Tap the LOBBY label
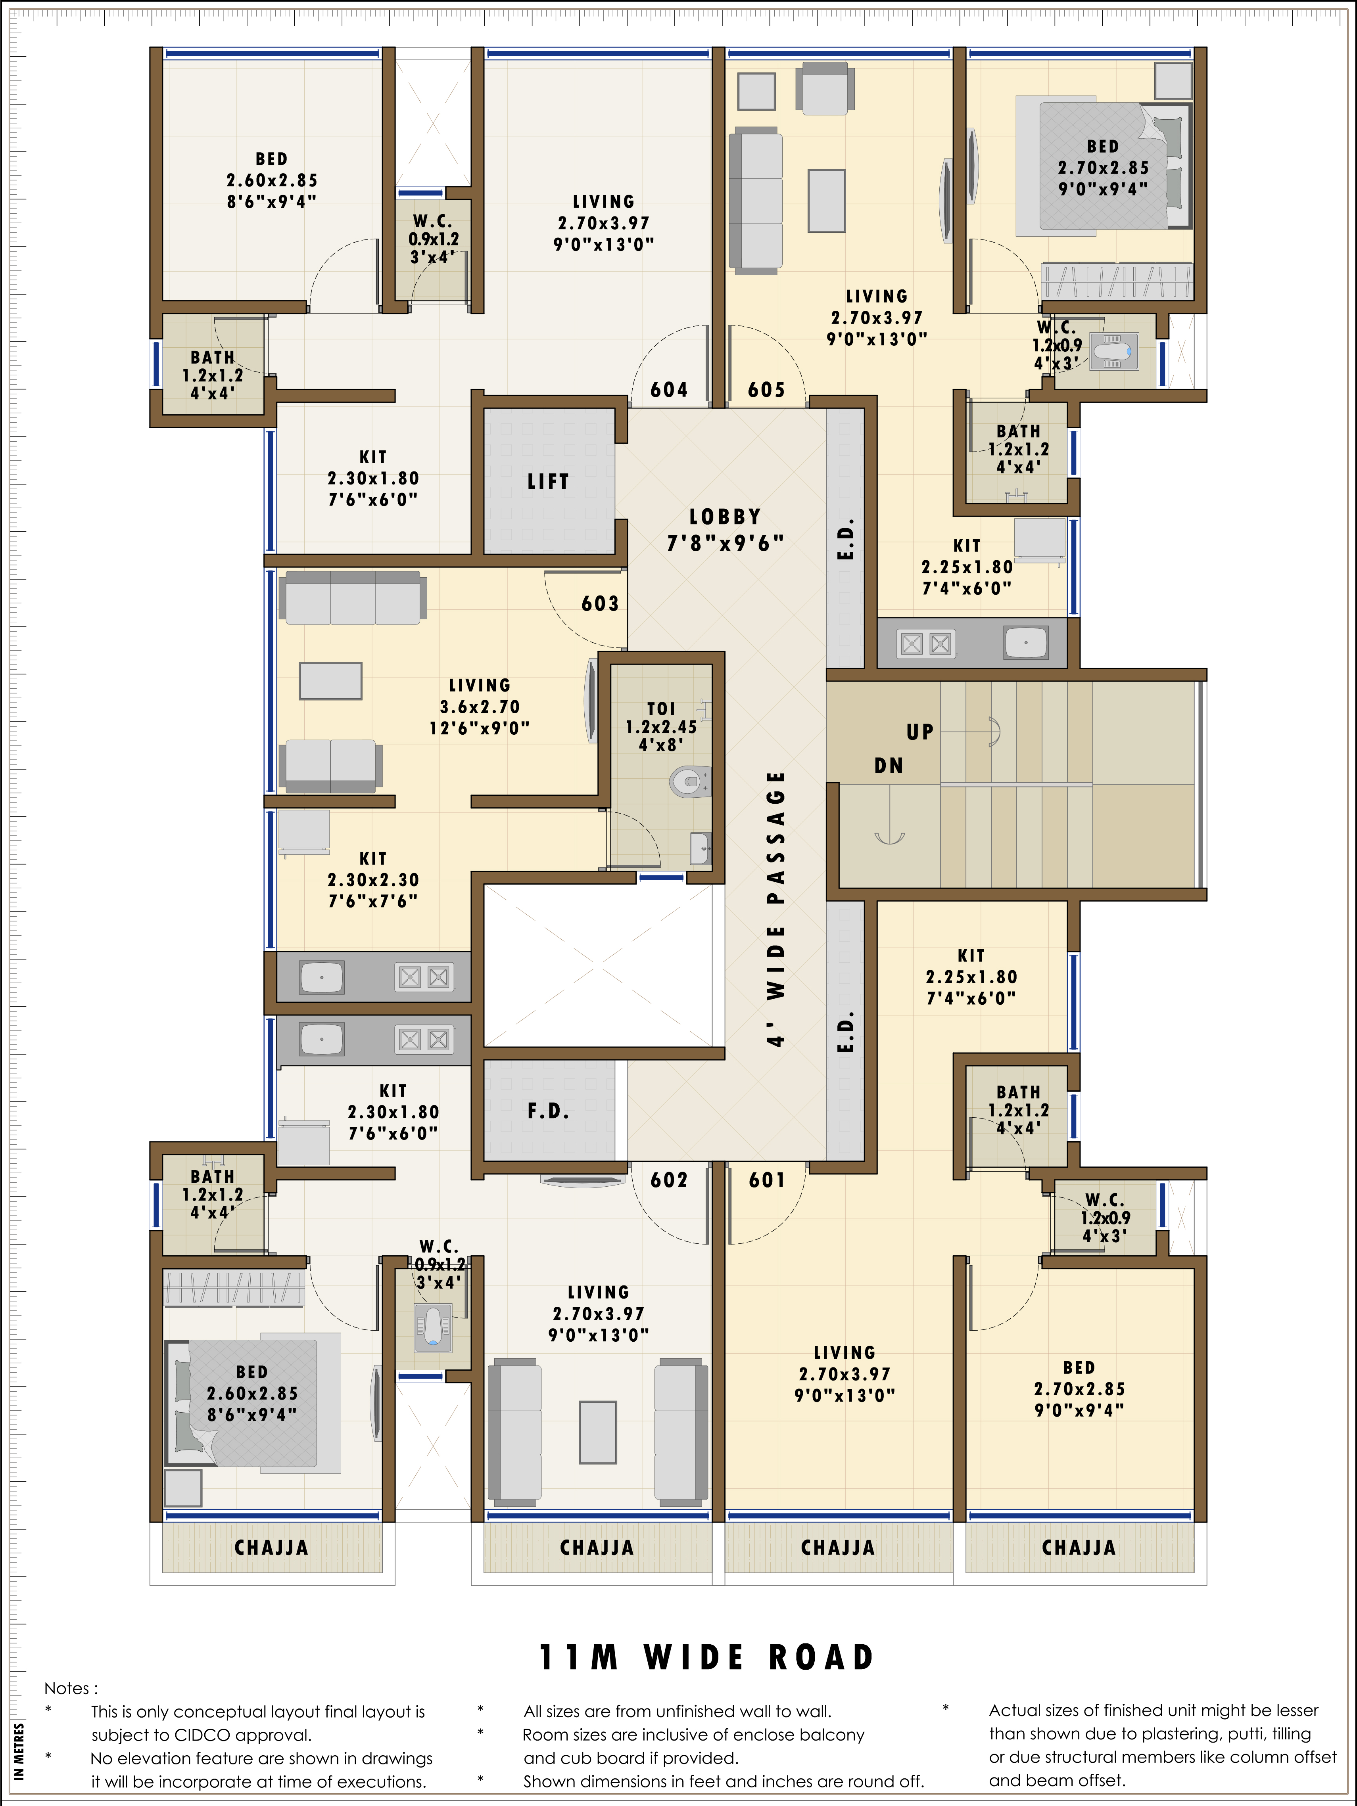(x=726, y=517)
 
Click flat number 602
(x=669, y=1180)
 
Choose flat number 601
(x=767, y=1180)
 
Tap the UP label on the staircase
(x=920, y=732)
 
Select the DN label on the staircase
(x=889, y=766)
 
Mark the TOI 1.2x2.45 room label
(x=661, y=727)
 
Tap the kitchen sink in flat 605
(x=1026, y=643)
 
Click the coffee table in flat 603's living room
(x=330, y=681)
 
